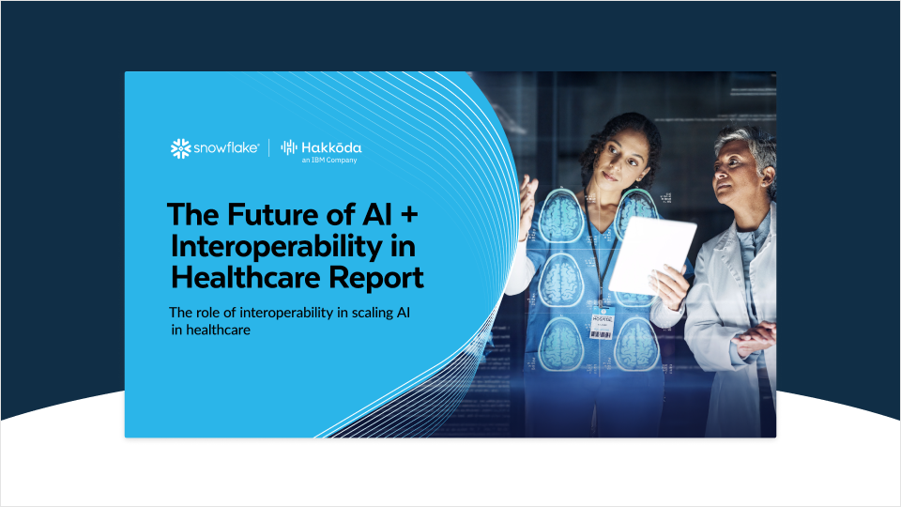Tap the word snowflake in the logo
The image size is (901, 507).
click(226, 148)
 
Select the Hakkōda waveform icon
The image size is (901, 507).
click(290, 148)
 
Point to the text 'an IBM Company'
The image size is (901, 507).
click(328, 161)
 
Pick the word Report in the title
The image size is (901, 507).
click(377, 278)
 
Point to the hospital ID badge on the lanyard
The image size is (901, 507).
click(601, 321)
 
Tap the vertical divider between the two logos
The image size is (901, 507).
click(269, 148)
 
